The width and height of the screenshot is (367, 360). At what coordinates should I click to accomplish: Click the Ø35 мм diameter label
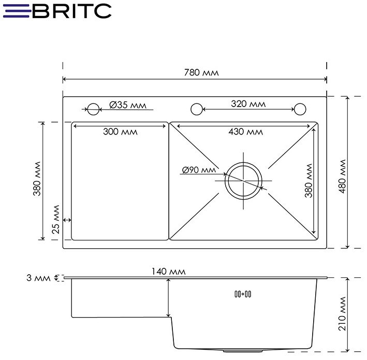pos(129,105)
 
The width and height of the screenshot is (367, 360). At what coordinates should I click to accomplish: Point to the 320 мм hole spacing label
pos(248,104)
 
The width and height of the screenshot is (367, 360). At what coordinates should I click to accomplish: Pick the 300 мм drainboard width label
pos(120,131)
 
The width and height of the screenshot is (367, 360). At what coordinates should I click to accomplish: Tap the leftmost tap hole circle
pos(93,109)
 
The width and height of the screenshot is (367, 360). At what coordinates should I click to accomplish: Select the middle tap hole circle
pos(196,109)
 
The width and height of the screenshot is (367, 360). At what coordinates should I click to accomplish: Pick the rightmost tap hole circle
pos(300,109)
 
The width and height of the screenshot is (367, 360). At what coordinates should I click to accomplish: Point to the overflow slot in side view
pos(243,294)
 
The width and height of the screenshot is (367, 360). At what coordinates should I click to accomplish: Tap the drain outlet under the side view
pos(236,351)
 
